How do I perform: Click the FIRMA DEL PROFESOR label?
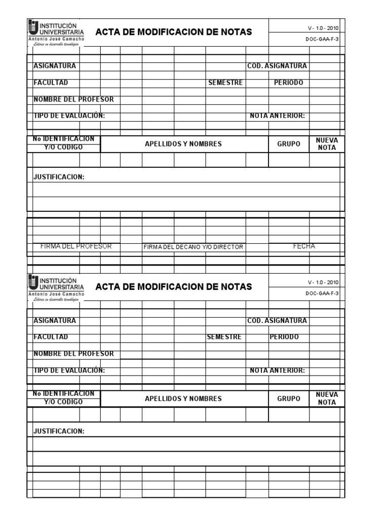click(x=76, y=246)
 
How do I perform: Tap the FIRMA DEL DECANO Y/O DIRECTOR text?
click(x=193, y=247)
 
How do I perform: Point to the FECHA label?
click(x=304, y=246)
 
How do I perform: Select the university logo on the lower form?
click(x=56, y=287)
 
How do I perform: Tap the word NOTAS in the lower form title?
click(x=236, y=287)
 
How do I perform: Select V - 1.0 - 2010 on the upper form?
click(x=323, y=28)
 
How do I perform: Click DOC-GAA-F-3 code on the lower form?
click(x=322, y=293)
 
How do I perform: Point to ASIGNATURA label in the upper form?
click(x=55, y=66)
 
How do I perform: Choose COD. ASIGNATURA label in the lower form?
click(x=277, y=321)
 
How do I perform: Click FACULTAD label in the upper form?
click(x=51, y=83)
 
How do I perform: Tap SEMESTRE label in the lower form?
click(x=224, y=337)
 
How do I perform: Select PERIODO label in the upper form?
click(x=288, y=83)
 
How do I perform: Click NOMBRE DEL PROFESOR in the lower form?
click(x=73, y=354)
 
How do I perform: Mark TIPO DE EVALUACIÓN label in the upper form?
click(x=69, y=116)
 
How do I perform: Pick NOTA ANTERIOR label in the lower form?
click(x=278, y=370)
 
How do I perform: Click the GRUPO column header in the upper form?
click(x=289, y=144)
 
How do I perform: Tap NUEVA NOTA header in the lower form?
click(x=327, y=398)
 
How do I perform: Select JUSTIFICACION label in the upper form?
click(x=59, y=177)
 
